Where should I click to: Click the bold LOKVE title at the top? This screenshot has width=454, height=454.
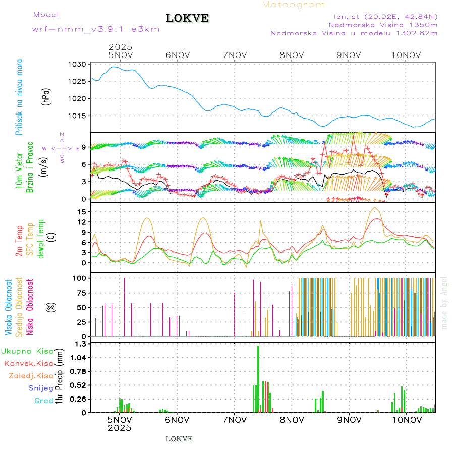[187, 18]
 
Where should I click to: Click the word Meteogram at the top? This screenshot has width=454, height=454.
[294, 5]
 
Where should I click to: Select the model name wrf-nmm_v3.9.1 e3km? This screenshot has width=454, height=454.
[96, 29]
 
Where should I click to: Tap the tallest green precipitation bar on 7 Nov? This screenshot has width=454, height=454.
[258, 378]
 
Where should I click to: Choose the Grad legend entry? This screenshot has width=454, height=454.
[43, 401]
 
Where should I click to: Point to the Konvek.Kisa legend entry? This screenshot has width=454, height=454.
[28, 363]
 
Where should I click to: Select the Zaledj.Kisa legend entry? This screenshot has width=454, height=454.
[30, 375]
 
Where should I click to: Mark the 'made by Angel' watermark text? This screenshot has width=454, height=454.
[444, 303]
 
